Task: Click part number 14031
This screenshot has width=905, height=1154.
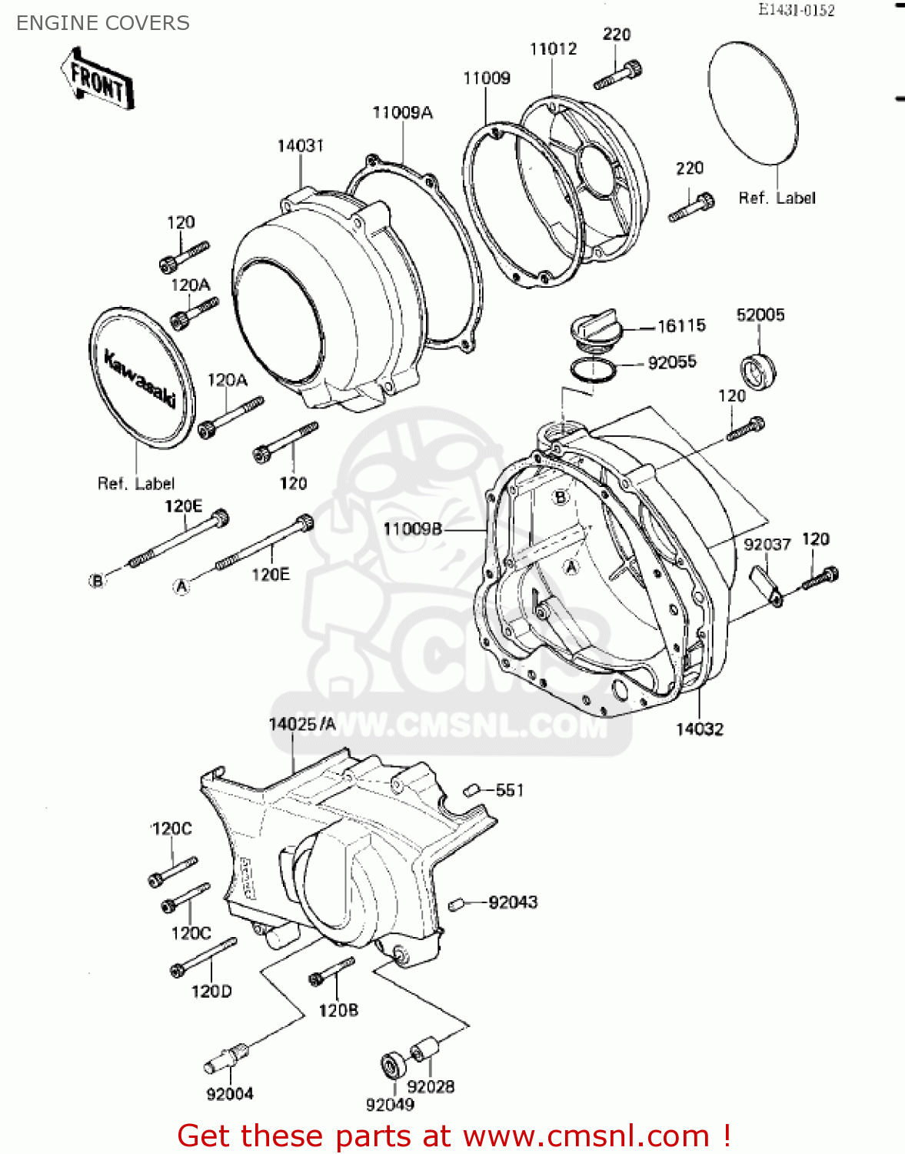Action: (301, 145)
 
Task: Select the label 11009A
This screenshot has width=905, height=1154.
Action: (402, 112)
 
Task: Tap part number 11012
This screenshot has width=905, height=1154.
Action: (553, 48)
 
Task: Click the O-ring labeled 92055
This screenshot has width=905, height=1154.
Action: (593, 370)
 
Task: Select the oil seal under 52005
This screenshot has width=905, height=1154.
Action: (758, 371)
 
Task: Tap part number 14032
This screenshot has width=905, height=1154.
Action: (699, 729)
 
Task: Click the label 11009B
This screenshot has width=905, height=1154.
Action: (412, 529)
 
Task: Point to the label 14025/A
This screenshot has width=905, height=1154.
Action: (302, 724)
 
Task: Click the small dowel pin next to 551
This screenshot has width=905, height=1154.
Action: (471, 789)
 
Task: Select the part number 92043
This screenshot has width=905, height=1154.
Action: (513, 902)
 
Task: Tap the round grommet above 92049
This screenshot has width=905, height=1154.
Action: (394, 1066)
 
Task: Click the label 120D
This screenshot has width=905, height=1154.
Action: (211, 992)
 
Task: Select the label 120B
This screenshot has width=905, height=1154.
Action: (338, 1010)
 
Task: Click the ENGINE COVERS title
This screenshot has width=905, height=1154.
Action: (103, 23)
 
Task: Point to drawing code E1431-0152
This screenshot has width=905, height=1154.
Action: (796, 10)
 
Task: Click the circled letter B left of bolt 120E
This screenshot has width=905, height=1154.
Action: (97, 581)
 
